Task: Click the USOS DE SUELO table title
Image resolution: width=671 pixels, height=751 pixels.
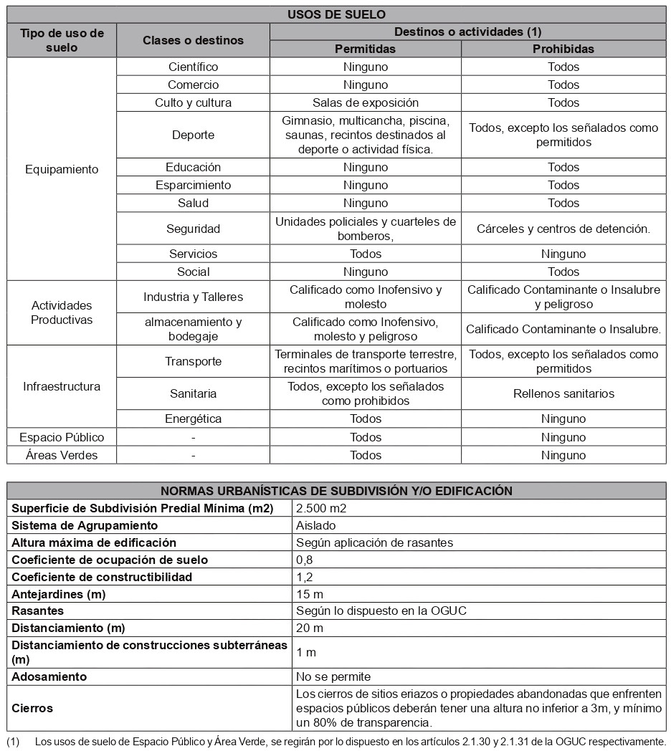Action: coord(336,14)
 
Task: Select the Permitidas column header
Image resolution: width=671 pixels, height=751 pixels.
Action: coord(365,49)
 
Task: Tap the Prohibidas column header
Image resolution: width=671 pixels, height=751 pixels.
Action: coord(563,49)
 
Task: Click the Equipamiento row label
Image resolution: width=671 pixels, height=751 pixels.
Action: coord(62,170)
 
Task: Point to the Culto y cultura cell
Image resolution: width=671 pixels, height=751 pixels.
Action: coord(193,102)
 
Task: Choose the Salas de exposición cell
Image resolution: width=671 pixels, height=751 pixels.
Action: coord(365,102)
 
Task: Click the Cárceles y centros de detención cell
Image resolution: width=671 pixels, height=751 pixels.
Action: coord(563,229)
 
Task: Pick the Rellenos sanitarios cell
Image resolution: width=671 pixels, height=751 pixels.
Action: coord(563,393)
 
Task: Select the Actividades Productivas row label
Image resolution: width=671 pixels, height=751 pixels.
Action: coord(62,312)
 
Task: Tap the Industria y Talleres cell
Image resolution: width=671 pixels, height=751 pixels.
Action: coord(193,297)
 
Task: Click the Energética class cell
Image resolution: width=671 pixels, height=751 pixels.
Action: coord(193,418)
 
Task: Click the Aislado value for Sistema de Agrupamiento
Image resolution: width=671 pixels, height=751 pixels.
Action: coord(315,525)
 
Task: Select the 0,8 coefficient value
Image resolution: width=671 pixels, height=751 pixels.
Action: coord(305,560)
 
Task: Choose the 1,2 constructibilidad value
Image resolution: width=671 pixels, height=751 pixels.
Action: coord(305,577)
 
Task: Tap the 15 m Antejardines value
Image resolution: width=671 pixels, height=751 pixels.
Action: coord(310,594)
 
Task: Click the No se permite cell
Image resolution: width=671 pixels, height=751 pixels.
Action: coord(333,676)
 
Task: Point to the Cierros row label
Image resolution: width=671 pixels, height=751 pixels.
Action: coord(32,708)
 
